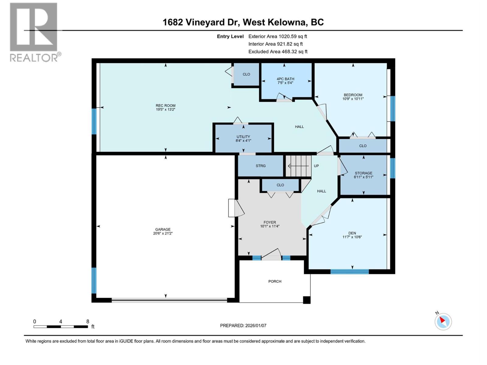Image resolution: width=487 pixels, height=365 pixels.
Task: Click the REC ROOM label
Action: [x=166, y=106]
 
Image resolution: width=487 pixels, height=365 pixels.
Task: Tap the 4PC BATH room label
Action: [x=285, y=79]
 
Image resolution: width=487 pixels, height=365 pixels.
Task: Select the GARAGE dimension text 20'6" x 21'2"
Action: [x=163, y=234]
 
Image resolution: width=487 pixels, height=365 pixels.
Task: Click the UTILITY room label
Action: [x=243, y=137]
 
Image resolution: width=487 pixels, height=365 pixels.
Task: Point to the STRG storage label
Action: [x=261, y=166]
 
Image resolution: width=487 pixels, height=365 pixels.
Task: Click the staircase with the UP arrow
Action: [x=299, y=166]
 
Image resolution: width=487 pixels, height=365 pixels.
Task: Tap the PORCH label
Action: [x=275, y=281]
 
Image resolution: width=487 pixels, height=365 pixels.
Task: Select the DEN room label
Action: [x=352, y=233]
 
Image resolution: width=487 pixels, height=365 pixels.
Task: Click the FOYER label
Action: [x=270, y=222]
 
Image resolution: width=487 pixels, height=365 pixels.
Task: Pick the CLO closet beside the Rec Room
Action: [x=246, y=74]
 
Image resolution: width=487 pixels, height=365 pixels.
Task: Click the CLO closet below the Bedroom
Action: [x=363, y=146]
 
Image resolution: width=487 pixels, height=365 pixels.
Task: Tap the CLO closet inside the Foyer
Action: [x=280, y=185]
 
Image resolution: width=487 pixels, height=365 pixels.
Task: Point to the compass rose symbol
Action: [x=443, y=322]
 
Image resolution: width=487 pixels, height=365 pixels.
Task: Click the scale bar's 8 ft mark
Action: [x=88, y=322]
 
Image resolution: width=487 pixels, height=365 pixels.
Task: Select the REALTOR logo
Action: [x=34, y=32]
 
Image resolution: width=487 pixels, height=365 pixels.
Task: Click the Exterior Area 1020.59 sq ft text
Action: [x=278, y=36]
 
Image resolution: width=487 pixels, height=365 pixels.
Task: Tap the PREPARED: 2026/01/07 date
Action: [x=243, y=325]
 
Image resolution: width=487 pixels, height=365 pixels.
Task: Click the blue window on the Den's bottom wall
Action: [x=349, y=271]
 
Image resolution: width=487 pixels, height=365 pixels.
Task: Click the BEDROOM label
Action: [x=353, y=95]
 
